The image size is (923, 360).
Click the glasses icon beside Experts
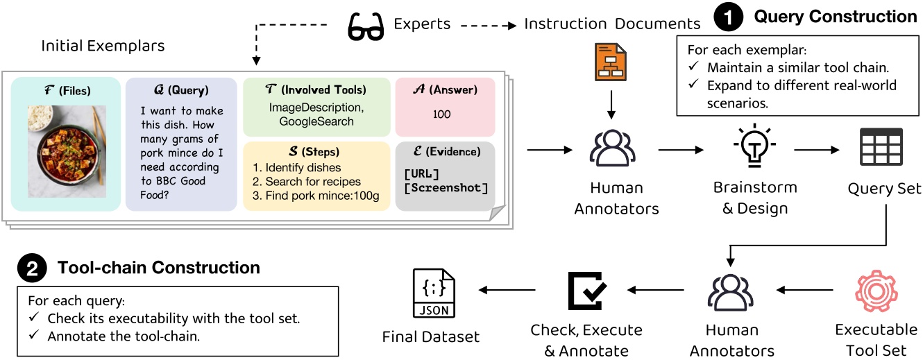coord(365,26)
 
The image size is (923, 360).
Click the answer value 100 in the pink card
coord(441,114)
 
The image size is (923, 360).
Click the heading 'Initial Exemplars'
coord(103,46)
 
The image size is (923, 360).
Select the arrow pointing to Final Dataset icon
coord(509,290)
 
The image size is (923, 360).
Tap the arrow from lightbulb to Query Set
coord(820,149)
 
